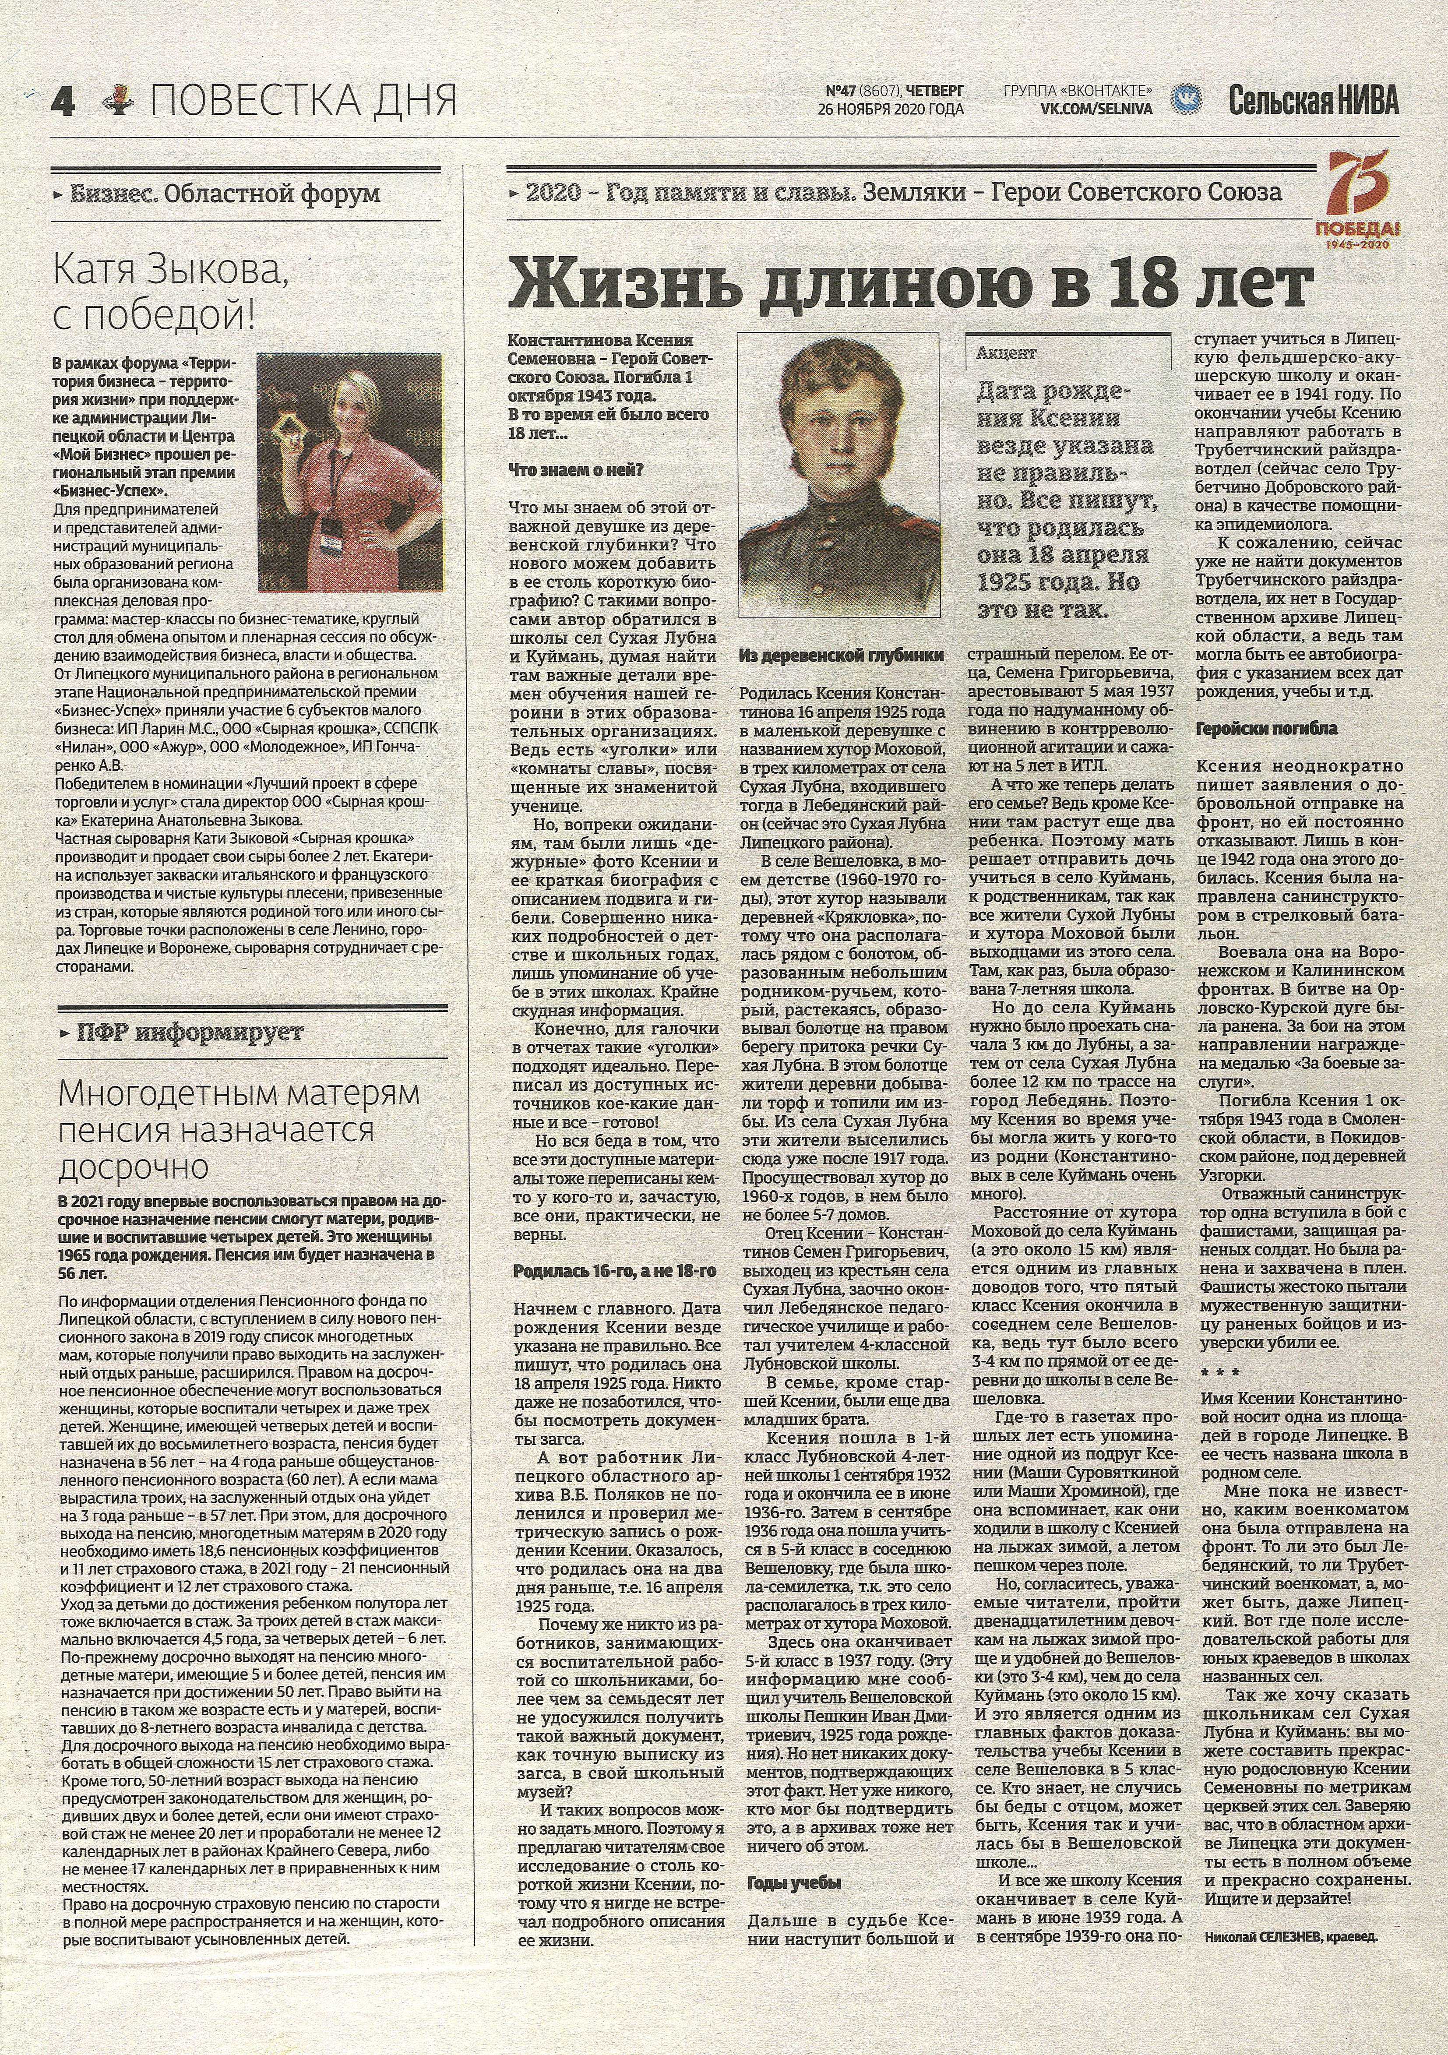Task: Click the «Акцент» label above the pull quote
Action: click(x=1006, y=353)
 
